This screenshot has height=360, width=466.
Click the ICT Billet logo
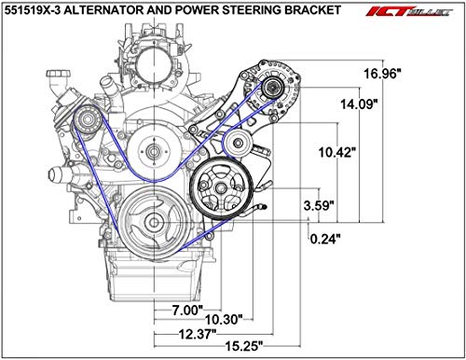[x=415, y=13]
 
